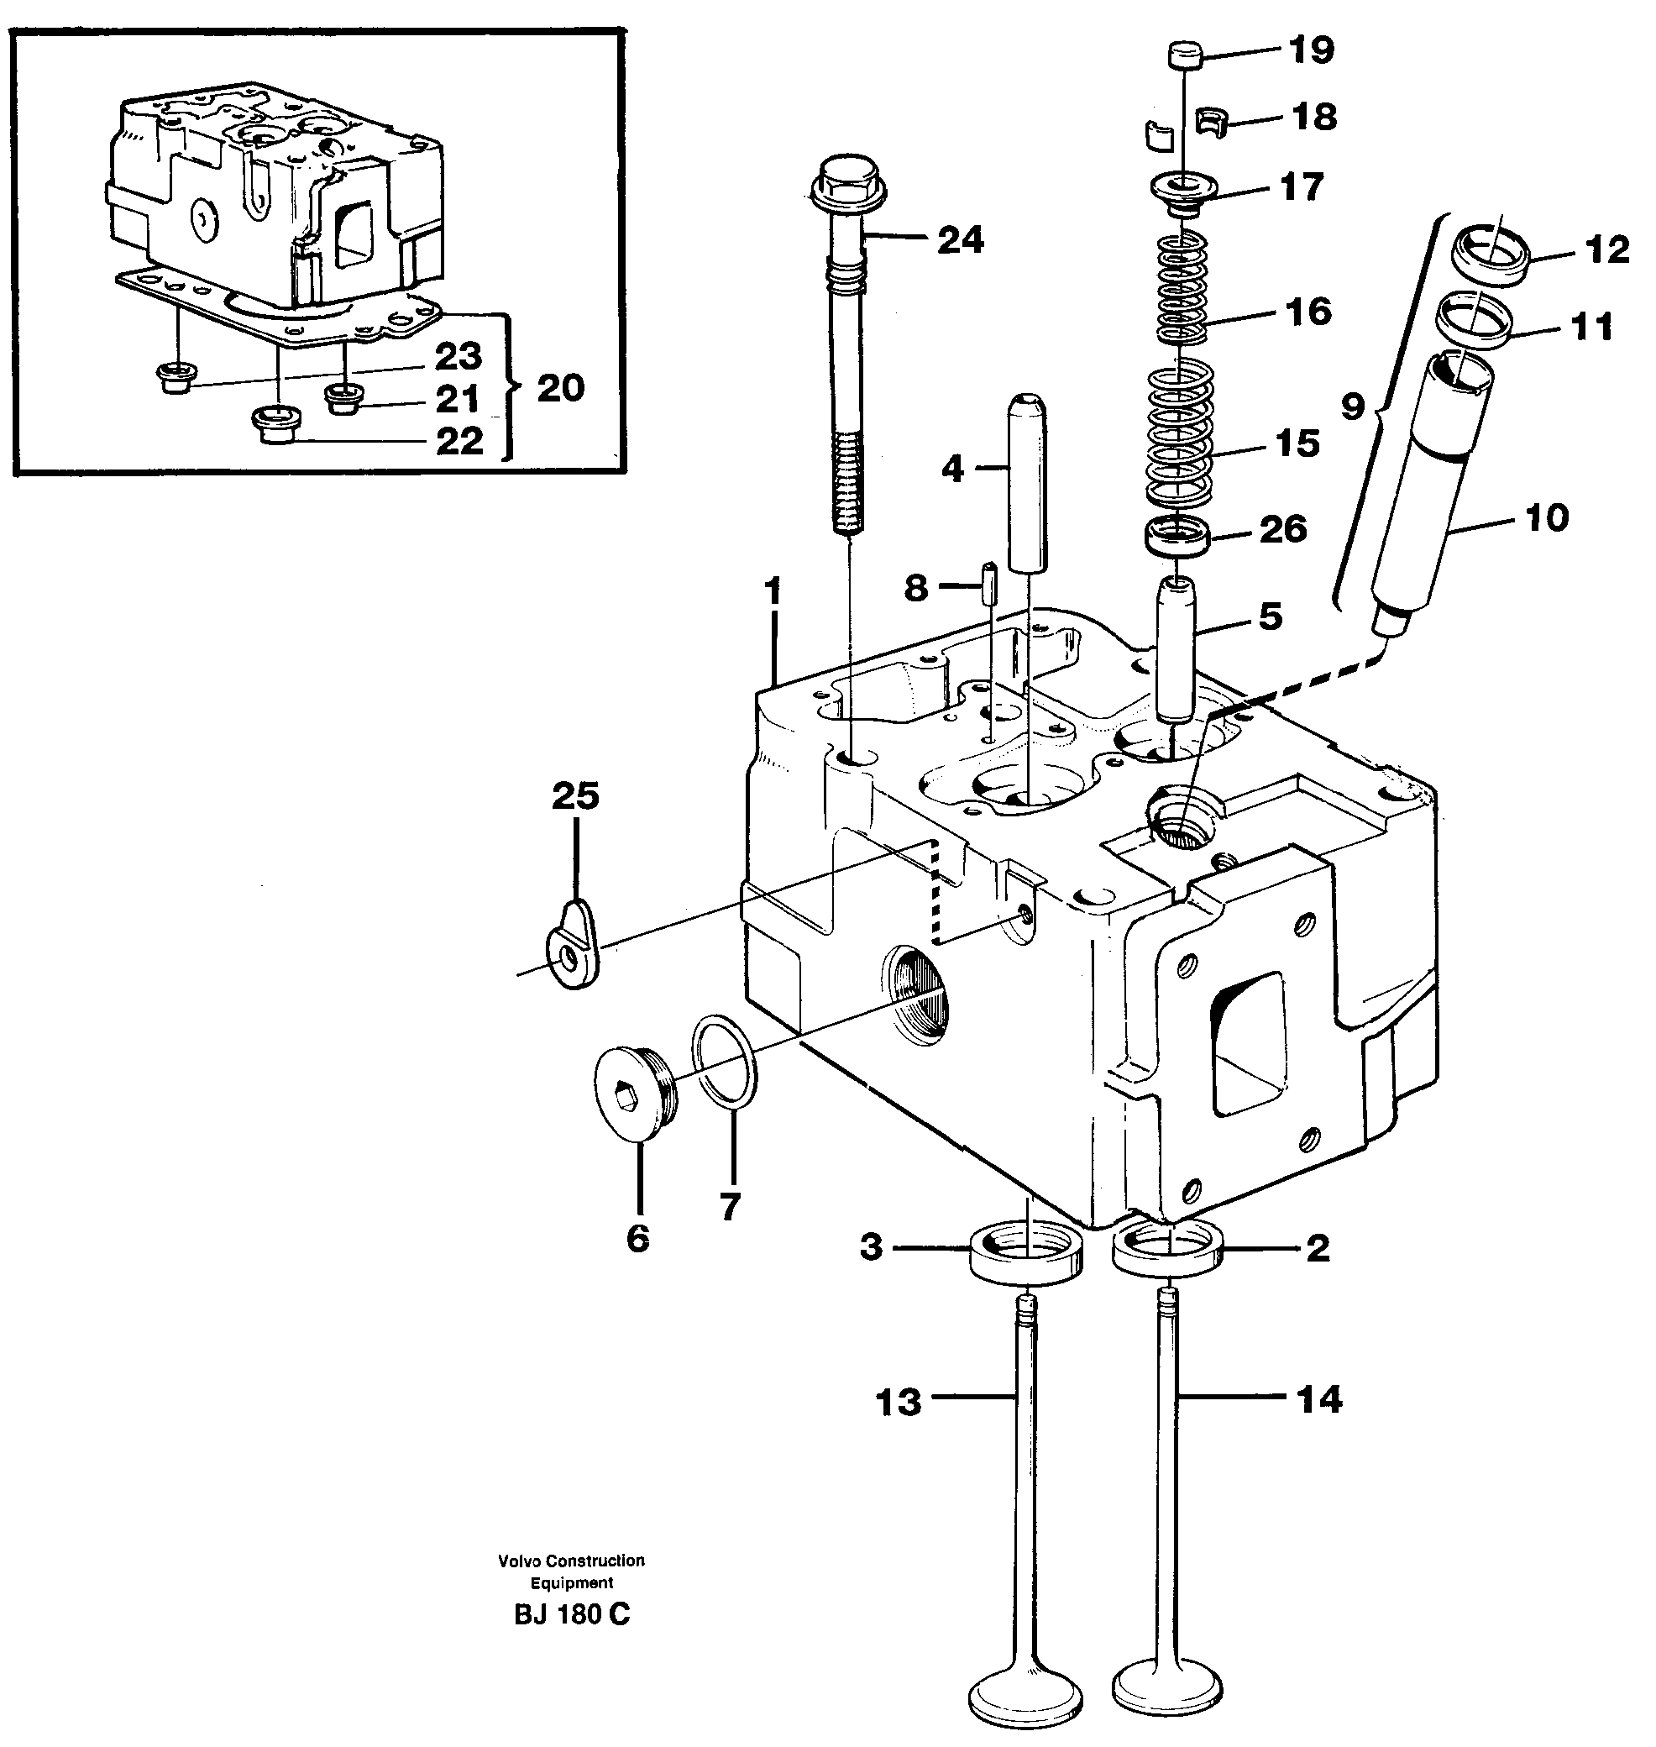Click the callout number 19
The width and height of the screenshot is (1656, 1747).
tap(1311, 50)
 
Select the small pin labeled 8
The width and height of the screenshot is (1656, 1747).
tap(989, 583)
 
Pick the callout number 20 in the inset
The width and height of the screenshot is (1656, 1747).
tap(560, 388)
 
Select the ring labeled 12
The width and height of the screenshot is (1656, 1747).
tap(1490, 256)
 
